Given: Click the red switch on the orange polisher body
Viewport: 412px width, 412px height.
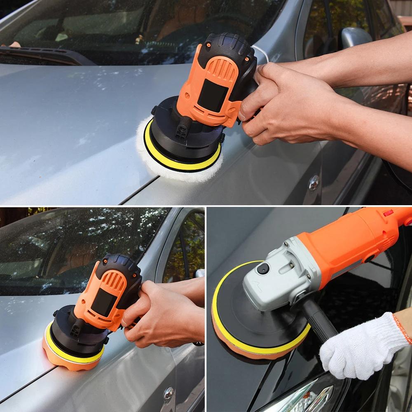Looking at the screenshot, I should (x=388, y=213).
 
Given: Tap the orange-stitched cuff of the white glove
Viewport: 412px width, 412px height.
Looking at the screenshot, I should (x=402, y=328).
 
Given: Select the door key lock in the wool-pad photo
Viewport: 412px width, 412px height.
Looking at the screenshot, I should (x=314, y=182).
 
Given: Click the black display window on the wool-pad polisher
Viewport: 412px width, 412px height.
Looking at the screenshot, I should (x=212, y=95).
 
